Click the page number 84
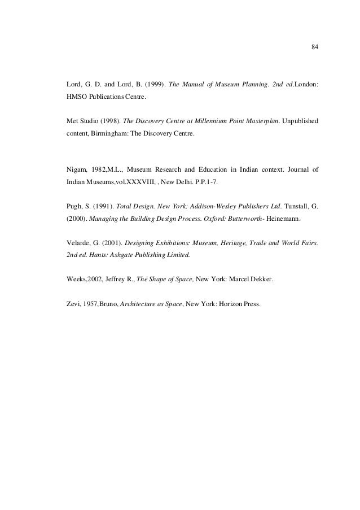click(315, 47)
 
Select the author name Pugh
click(76, 207)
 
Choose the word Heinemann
click(281, 220)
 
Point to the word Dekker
click(260, 280)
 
